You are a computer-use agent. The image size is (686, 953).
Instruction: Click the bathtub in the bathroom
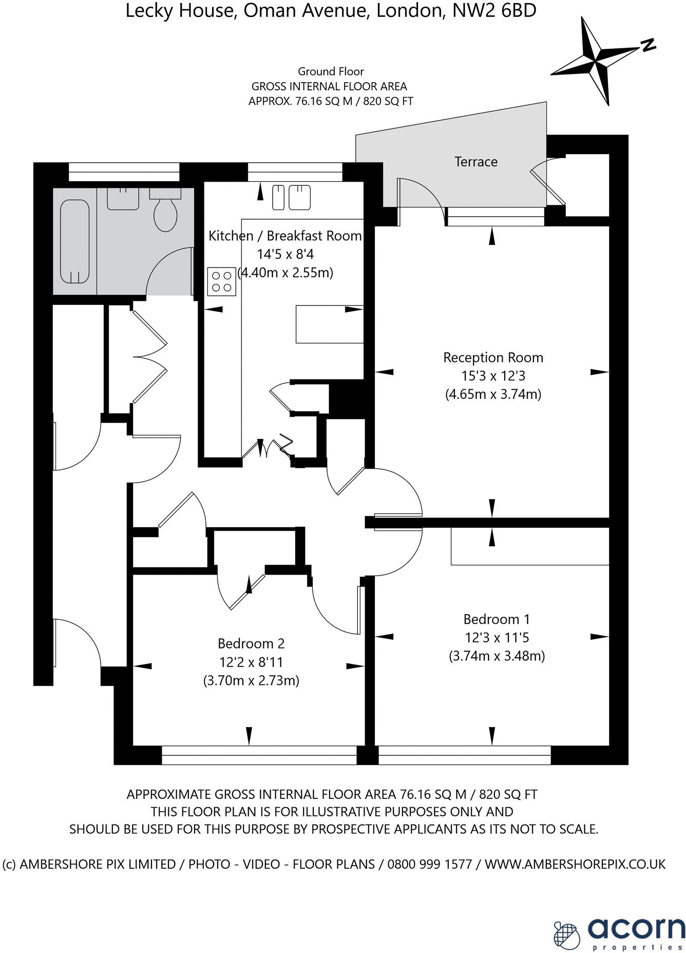(x=75, y=241)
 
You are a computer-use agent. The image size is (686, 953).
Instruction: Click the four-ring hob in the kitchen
(x=222, y=281)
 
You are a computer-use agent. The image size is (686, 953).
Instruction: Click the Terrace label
(x=476, y=162)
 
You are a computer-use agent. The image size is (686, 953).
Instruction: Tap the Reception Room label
(x=493, y=357)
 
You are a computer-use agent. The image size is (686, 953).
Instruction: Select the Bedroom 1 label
(x=497, y=619)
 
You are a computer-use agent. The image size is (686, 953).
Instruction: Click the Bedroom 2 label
(x=251, y=643)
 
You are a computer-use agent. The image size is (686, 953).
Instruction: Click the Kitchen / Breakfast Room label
(x=285, y=236)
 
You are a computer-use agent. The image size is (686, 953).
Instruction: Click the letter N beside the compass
(x=649, y=45)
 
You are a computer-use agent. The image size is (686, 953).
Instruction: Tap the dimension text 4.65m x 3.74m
(x=493, y=394)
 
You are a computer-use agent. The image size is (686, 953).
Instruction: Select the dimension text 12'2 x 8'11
(x=251, y=662)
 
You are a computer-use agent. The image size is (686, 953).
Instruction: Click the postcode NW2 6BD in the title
(x=494, y=10)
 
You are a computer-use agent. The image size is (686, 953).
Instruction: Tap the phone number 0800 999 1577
(x=429, y=864)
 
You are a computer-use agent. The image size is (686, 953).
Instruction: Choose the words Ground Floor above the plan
(x=331, y=71)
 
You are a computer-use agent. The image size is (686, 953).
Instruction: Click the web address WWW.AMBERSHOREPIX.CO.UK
(x=575, y=864)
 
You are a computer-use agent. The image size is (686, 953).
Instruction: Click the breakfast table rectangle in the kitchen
(x=329, y=324)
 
